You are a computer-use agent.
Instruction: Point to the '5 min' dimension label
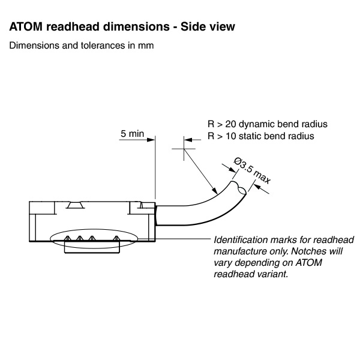[132, 134]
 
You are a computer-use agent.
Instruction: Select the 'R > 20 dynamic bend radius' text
[267, 124]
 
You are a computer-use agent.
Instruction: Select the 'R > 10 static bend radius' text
[261, 136]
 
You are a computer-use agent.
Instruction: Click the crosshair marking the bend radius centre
[184, 146]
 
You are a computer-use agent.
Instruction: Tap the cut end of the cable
[240, 189]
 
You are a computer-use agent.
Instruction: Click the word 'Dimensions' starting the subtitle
[31, 46]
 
